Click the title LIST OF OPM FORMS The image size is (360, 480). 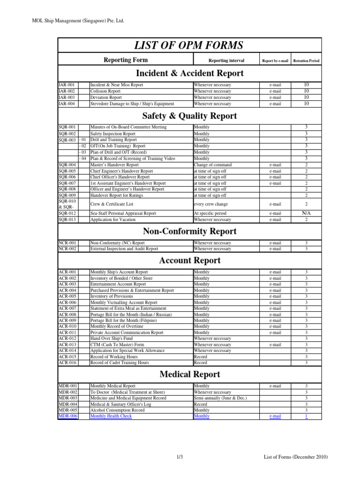189,45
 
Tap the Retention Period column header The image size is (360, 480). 306,60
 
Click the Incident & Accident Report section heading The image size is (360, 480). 189,73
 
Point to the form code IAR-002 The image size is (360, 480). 67,91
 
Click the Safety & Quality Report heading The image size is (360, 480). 189,116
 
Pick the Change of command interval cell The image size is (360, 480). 214,165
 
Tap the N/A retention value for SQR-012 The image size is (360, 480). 306,213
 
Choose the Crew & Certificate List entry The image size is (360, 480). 112,204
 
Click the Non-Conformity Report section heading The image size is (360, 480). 189,232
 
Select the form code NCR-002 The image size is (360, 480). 67,249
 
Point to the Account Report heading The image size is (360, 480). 189,261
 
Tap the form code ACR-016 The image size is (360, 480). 67,363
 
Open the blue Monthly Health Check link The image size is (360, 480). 111,416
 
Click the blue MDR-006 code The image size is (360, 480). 68,416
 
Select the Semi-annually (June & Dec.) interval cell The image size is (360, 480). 220,398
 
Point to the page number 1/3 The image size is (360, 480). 180,457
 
